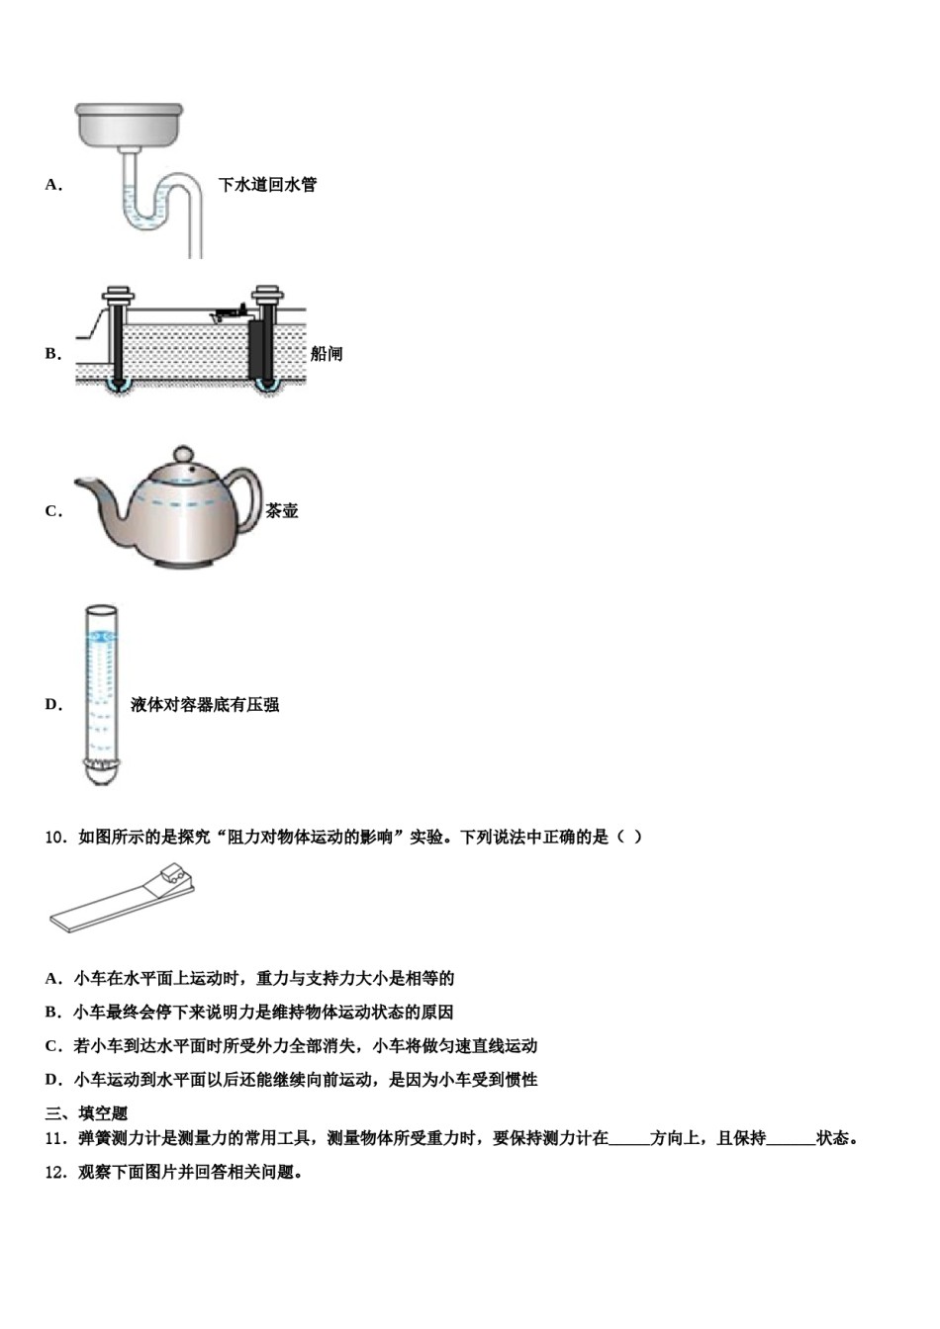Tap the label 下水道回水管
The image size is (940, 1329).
pos(267,185)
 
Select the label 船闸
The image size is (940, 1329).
pos(327,354)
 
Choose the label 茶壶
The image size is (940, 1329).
pos(282,511)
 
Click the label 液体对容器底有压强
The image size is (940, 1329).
pos(205,705)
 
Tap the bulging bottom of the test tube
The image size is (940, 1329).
pos(99,772)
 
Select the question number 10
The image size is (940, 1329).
pos(55,837)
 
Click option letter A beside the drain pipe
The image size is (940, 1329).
pos(53,185)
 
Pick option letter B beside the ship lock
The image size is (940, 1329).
pos(53,354)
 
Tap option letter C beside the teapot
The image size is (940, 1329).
pos(53,511)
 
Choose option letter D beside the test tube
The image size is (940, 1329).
pos(53,705)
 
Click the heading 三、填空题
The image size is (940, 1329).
pos(87,1113)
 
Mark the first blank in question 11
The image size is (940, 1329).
pos(629,1139)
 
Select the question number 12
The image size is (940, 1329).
pos(55,1173)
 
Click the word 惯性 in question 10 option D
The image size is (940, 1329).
pos(521,1080)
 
